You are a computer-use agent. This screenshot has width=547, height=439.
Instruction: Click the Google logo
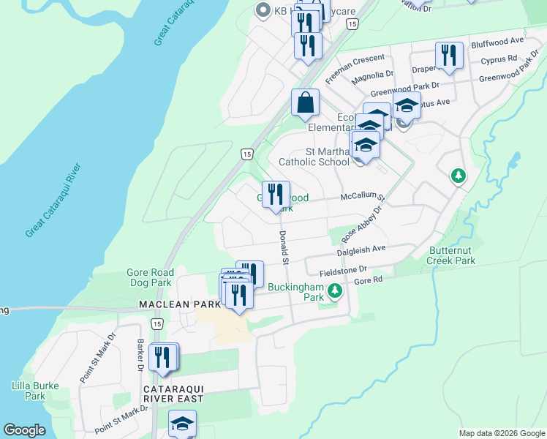tap(24, 430)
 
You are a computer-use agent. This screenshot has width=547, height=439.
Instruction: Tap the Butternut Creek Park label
tap(451, 255)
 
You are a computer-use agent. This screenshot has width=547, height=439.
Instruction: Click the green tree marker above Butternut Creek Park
tap(458, 176)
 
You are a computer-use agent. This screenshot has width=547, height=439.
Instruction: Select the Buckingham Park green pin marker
tap(335, 292)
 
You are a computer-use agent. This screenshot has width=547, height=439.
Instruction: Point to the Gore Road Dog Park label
tap(149, 277)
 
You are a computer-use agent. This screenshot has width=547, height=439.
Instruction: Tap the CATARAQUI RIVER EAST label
tap(173, 393)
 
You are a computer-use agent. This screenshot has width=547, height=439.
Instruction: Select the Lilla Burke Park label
tap(29, 391)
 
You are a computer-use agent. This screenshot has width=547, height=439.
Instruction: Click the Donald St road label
tap(283, 248)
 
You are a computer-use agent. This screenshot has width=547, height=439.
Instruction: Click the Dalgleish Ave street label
tap(361, 249)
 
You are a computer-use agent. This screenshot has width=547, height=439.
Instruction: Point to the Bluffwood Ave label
tap(497, 42)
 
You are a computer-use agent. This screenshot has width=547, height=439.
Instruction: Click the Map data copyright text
tap(501, 433)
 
